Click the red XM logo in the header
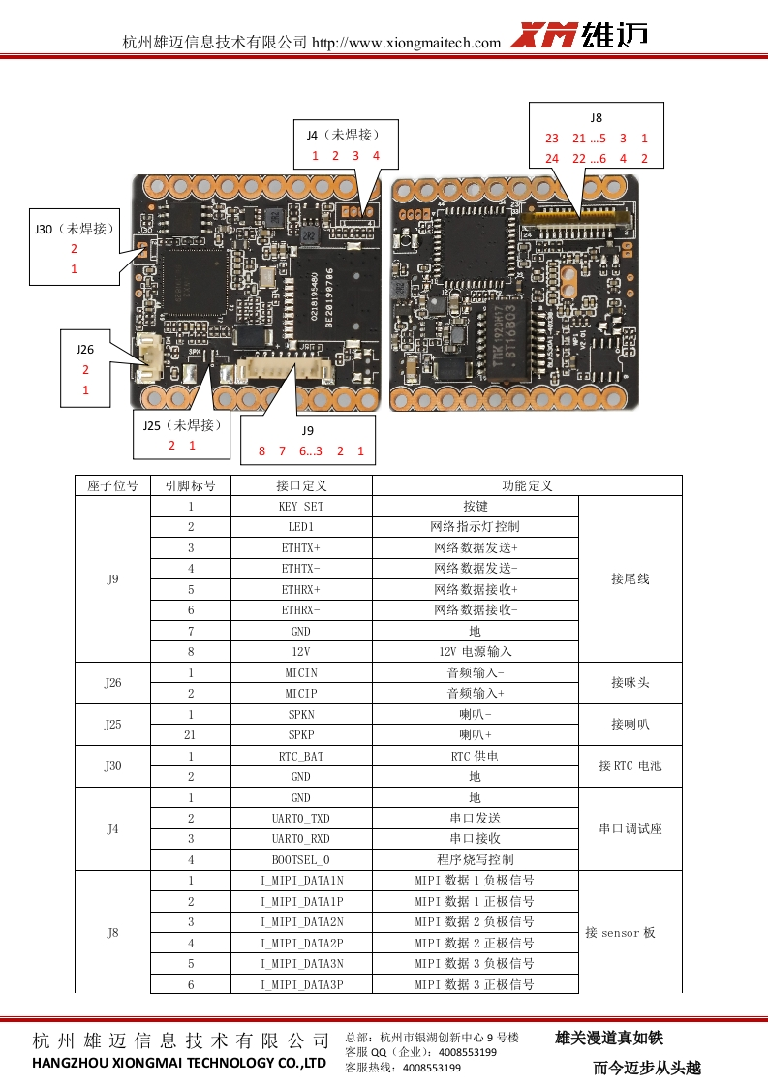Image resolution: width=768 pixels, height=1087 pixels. [x=544, y=36]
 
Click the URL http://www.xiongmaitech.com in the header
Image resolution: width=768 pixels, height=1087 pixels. [x=407, y=43]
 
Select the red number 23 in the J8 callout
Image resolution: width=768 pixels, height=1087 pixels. [x=552, y=139]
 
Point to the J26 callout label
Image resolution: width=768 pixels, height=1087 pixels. [x=85, y=349]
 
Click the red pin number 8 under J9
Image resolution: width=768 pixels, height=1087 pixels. [x=261, y=451]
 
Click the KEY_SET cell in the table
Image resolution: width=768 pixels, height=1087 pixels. [x=301, y=507]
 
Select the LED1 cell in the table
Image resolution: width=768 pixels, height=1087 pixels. [x=301, y=527]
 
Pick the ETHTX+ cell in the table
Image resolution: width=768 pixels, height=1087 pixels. [x=301, y=548]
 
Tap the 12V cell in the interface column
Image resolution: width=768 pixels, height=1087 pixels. [x=301, y=652]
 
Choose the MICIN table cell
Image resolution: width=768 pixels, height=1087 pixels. [x=301, y=672]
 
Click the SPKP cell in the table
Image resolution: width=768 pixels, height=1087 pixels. [x=301, y=735]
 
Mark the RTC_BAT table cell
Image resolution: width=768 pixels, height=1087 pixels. [x=301, y=756]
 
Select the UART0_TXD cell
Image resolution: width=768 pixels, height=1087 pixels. [x=301, y=819]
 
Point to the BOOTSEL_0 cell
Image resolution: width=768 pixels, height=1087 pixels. [x=301, y=859]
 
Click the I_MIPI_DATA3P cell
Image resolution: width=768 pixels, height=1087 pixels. [x=301, y=984]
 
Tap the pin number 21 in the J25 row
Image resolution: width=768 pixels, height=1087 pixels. [x=191, y=735]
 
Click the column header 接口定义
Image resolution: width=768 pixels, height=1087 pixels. [x=301, y=485]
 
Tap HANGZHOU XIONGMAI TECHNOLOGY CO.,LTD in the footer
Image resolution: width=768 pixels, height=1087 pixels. [x=180, y=1063]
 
